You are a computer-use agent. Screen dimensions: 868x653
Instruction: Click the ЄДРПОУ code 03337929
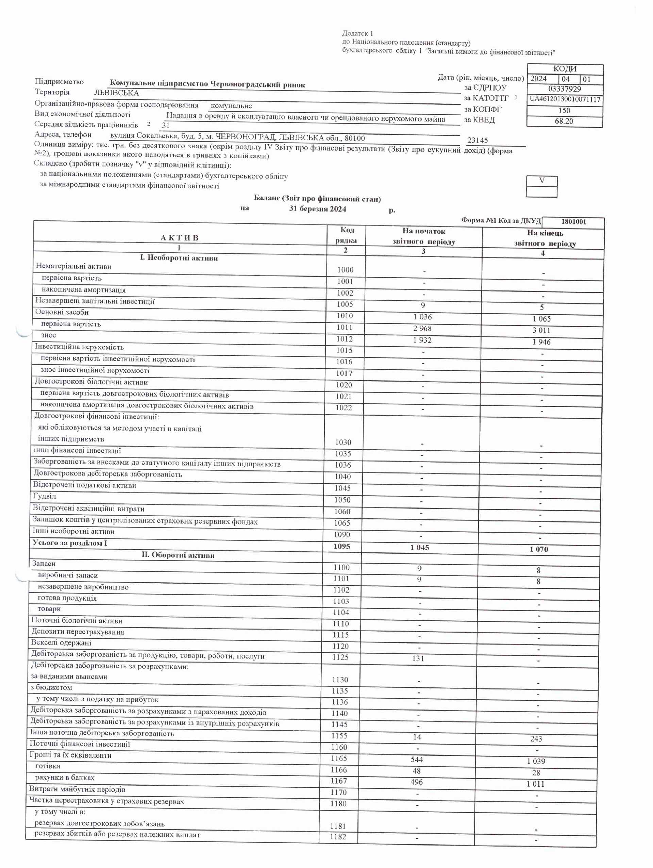pos(564,89)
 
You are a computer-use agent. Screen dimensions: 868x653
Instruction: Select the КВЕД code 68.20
pos(564,121)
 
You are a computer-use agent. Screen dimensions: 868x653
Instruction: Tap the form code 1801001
pos(573,222)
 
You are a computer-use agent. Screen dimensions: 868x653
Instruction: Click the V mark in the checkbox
pos(541,181)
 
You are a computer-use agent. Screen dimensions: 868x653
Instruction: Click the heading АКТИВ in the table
pos(179,238)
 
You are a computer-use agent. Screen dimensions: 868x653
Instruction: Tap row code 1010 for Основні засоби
pos(345,316)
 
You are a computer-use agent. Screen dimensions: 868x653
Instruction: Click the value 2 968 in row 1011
pos(422,329)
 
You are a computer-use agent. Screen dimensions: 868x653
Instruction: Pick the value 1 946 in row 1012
pos(541,342)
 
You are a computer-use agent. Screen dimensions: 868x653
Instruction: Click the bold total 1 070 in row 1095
pos(538,549)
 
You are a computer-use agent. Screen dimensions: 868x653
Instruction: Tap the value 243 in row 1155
pos(536,739)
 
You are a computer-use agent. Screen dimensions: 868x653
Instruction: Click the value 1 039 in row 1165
pos(536,761)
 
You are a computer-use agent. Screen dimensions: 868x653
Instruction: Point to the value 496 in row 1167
pos(416,782)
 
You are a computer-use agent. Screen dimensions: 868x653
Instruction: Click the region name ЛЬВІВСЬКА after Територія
pos(116,93)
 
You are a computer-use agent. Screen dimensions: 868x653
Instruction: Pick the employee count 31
pos(166,126)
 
